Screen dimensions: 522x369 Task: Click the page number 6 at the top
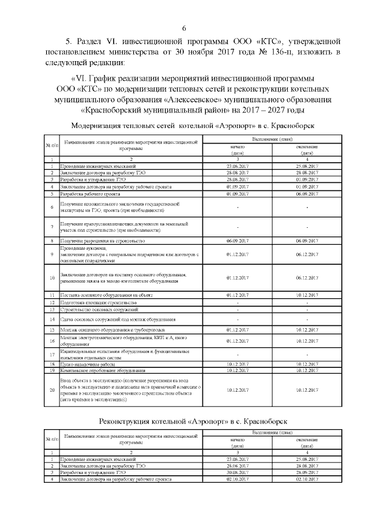[x=184, y=29]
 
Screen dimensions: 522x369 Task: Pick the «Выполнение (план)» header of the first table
[x=272, y=141]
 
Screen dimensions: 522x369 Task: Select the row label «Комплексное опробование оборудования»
[x=97, y=370]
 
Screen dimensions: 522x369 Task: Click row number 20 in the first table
[x=52, y=389]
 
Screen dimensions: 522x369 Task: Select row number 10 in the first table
[x=52, y=277]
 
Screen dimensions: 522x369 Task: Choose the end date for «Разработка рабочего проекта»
[x=307, y=194]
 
